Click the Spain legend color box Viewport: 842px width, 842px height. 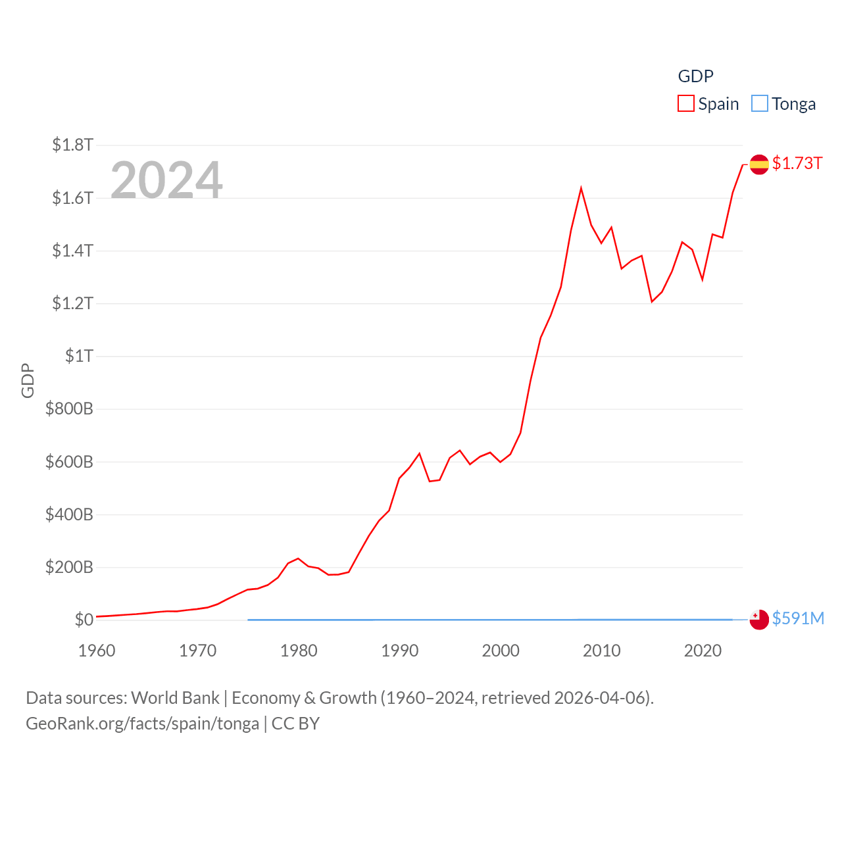pos(686,104)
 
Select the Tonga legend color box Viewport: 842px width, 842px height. pos(760,104)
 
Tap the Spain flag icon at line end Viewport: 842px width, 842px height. pos(759,164)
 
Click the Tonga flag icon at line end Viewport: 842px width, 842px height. pos(759,620)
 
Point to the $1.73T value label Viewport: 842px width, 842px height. pos(797,163)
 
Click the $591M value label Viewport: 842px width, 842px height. pos(798,618)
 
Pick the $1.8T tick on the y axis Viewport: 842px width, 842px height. pos(73,145)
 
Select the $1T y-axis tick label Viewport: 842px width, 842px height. pos(79,356)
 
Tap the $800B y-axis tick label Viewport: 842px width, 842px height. pos(69,409)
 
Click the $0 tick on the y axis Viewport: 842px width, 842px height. pos(84,620)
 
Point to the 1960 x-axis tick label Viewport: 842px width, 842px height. pos(97,651)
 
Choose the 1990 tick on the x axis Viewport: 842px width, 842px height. pos(400,651)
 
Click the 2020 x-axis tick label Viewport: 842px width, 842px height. pos(703,651)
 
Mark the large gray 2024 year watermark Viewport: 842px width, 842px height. pos(166,180)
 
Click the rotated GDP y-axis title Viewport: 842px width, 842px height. pos(28,380)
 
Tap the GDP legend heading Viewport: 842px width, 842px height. pos(695,76)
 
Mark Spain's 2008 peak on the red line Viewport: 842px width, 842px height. pos(581,189)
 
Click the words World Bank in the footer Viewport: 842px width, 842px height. pos(175,697)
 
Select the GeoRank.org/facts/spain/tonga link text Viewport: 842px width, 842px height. pos(143,724)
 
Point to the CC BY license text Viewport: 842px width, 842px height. pos(295,724)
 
